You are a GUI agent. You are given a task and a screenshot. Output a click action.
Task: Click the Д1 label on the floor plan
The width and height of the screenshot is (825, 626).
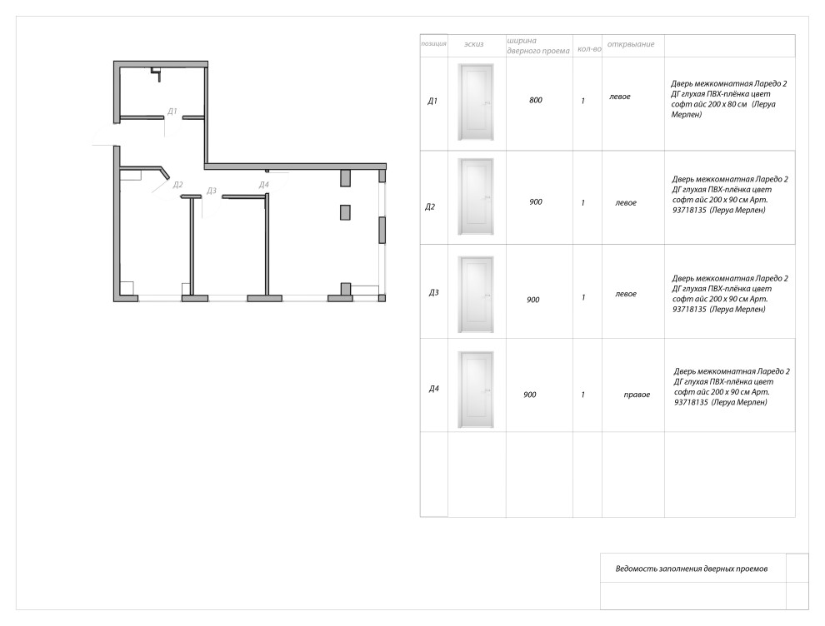click(x=172, y=112)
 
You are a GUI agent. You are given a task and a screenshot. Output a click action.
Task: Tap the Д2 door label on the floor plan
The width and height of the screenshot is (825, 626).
click(x=177, y=185)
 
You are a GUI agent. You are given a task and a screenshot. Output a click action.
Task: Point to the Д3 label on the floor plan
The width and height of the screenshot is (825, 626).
click(x=211, y=191)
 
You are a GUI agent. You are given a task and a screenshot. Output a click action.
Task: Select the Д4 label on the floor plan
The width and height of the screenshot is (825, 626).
click(x=263, y=185)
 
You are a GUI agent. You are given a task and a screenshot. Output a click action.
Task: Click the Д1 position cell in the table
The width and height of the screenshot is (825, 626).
click(x=432, y=101)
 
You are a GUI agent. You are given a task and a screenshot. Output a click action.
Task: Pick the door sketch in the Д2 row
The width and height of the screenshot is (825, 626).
click(x=476, y=196)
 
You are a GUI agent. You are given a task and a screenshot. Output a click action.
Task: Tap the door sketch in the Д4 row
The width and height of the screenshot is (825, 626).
click(x=476, y=390)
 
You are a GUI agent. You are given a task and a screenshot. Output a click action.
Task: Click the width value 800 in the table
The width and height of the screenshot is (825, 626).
click(x=536, y=100)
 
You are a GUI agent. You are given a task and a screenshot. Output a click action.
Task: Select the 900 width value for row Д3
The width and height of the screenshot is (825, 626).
click(x=533, y=300)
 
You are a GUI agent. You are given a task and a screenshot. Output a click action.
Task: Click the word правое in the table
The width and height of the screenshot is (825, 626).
click(x=637, y=395)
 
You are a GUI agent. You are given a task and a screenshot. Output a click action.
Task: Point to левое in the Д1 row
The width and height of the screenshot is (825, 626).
click(x=620, y=97)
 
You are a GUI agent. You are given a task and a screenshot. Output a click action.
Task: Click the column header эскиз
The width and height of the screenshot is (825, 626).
click(x=473, y=44)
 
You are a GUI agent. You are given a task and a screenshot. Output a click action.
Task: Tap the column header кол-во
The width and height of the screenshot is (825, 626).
click(x=589, y=49)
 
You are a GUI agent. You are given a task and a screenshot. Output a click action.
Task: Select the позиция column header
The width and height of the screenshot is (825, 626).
click(x=433, y=43)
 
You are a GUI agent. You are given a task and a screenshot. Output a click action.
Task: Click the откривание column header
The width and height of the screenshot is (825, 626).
click(x=631, y=44)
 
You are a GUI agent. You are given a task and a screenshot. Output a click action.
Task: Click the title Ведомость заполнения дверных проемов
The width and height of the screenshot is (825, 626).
click(x=692, y=569)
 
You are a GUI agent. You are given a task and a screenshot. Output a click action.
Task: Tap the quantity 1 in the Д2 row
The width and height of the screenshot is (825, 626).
click(x=583, y=202)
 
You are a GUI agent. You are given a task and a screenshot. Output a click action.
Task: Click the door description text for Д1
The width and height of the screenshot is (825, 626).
click(x=728, y=99)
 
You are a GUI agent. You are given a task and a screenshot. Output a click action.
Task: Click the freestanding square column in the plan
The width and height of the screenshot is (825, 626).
click(x=345, y=212)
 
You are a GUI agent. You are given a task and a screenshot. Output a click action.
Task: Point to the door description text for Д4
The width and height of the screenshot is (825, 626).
click(x=732, y=387)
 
